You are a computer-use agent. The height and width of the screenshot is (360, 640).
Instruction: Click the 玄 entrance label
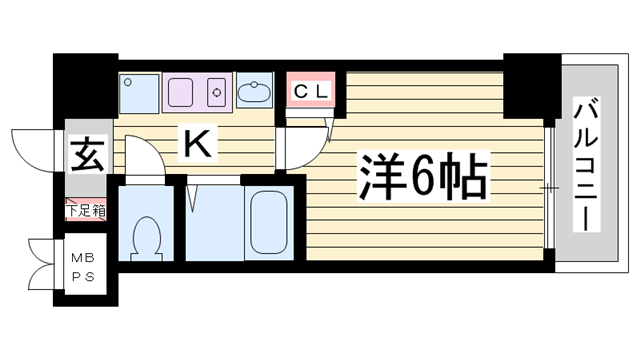pyautogui.click(x=87, y=156)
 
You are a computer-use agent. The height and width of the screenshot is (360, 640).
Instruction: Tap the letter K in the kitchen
pyautogui.click(x=197, y=146)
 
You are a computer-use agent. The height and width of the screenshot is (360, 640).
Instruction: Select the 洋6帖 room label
pyautogui.click(x=421, y=179)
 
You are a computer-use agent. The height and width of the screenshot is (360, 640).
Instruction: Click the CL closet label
pyautogui.click(x=312, y=91)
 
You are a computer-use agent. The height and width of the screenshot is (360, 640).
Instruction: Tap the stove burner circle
pyautogui.click(x=215, y=92)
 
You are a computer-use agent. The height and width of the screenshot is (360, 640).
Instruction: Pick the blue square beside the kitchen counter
pyautogui.click(x=138, y=93)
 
